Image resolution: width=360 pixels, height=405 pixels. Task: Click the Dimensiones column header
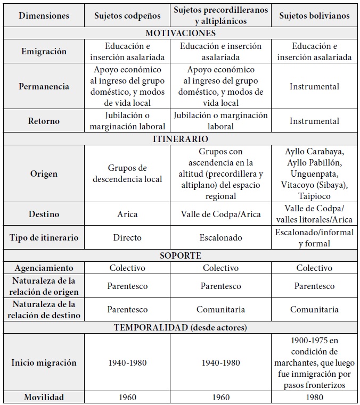pyautogui.click(x=44, y=15)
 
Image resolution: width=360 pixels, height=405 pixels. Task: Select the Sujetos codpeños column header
pyautogui.click(x=127, y=15)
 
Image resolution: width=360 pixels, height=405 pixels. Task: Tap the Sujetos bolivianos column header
pyautogui.click(x=314, y=15)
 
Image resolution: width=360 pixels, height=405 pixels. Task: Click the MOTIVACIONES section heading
pyautogui.click(x=180, y=33)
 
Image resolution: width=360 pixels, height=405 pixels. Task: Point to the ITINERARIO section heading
pyautogui.click(x=180, y=139)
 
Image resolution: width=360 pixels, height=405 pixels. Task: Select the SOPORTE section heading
pyautogui.click(x=180, y=255)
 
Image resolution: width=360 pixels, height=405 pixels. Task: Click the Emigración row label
pyautogui.click(x=44, y=52)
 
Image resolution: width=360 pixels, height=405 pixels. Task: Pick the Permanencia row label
pyautogui.click(x=44, y=86)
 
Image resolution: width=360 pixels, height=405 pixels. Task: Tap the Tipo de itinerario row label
pyautogui.click(x=44, y=237)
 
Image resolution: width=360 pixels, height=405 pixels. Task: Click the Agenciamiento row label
pyautogui.click(x=44, y=268)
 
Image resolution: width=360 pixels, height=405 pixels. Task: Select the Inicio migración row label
pyautogui.click(x=44, y=362)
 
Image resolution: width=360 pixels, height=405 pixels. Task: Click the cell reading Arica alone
pyautogui.click(x=127, y=214)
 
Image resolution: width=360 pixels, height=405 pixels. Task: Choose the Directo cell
pyautogui.click(x=127, y=237)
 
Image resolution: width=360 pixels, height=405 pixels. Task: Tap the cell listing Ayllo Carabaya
pyautogui.click(x=314, y=173)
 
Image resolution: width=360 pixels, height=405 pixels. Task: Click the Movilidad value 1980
pyautogui.click(x=314, y=397)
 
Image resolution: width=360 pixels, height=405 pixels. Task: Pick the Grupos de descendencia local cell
pyautogui.click(x=127, y=173)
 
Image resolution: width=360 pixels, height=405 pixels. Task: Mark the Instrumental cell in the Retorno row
pyautogui.click(x=314, y=121)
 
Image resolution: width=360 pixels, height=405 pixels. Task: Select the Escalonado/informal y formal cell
pyautogui.click(x=314, y=238)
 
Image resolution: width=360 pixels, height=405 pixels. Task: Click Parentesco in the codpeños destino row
pyautogui.click(x=127, y=309)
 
